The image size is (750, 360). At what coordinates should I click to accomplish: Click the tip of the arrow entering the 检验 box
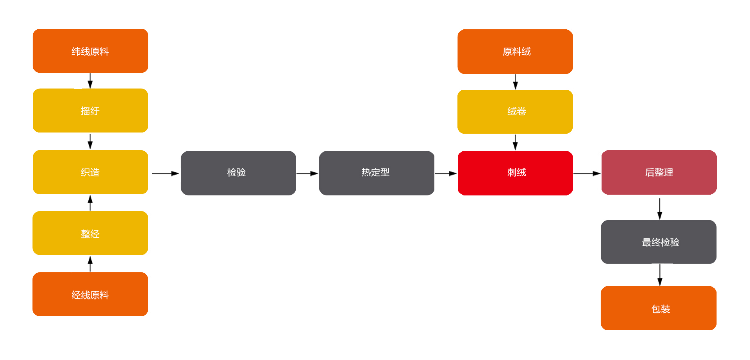pyautogui.click(x=179, y=173)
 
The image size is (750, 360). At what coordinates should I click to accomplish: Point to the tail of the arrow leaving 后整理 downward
pyautogui.click(x=660, y=198)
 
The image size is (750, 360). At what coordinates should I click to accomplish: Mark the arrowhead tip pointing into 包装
pyautogui.click(x=660, y=286)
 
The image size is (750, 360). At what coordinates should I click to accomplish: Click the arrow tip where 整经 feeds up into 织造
pyautogui.click(x=90, y=195)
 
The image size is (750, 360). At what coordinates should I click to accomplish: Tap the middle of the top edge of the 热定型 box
pyautogui.click(x=377, y=151)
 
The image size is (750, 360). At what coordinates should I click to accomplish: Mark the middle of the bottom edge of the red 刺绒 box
pyautogui.click(x=515, y=195)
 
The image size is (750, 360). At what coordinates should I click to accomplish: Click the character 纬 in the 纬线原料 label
pyautogui.click(x=76, y=52)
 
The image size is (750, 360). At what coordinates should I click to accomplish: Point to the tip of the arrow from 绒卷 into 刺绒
pyautogui.click(x=515, y=150)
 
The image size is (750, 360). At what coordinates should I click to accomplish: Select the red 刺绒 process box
pyautogui.click(x=515, y=173)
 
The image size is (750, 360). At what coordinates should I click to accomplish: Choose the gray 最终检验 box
pyautogui.click(x=659, y=242)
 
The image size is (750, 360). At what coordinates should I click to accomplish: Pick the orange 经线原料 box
pyautogui.click(x=90, y=294)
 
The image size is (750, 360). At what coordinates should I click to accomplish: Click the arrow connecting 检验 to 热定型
pyautogui.click(x=307, y=173)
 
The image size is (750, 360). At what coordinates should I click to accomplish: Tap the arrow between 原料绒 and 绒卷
pyautogui.click(x=515, y=82)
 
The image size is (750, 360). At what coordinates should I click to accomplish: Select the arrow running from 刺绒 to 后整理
pyautogui.click(x=587, y=173)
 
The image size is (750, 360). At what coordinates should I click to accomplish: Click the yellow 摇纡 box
pyautogui.click(x=90, y=111)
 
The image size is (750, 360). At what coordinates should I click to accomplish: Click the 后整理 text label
pyautogui.click(x=659, y=172)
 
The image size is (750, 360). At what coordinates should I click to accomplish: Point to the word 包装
pyautogui.click(x=661, y=309)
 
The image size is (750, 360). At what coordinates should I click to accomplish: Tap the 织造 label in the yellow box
pyautogui.click(x=90, y=172)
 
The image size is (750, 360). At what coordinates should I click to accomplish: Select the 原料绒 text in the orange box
pyautogui.click(x=516, y=52)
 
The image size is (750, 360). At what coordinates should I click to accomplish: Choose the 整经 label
pyautogui.click(x=90, y=234)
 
